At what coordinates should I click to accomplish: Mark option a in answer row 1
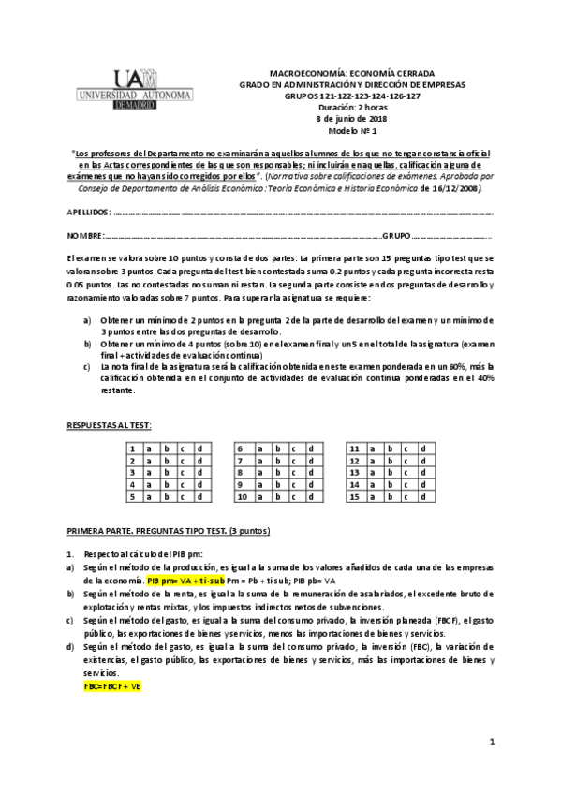pyautogui.click(x=148, y=448)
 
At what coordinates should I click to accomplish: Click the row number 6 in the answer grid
pyautogui.click(x=241, y=448)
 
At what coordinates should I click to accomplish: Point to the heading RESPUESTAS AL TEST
pyautogui.click(x=108, y=426)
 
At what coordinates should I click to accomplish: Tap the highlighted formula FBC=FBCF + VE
pyautogui.click(x=111, y=686)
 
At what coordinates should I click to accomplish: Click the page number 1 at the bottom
pyautogui.click(x=491, y=742)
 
